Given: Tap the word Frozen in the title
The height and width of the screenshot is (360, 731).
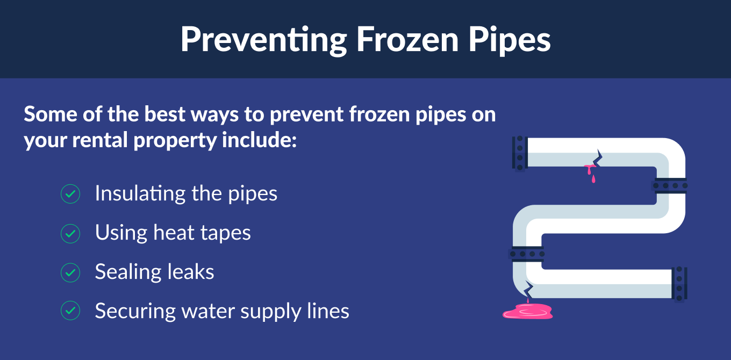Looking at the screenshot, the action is pyautogui.click(x=407, y=39).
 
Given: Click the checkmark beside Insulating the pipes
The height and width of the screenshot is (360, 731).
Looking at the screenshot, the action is pyautogui.click(x=70, y=193).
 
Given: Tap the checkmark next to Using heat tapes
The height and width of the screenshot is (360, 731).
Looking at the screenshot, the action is pyautogui.click(x=70, y=234).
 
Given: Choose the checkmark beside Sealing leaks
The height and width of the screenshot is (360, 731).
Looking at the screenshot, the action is pyautogui.click(x=70, y=272).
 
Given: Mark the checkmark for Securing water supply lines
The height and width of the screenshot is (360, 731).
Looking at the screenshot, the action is pyautogui.click(x=70, y=311).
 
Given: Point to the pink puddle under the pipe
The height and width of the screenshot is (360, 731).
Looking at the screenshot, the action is pyautogui.click(x=528, y=311).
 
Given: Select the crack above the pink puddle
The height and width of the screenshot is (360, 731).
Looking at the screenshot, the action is pyautogui.click(x=528, y=289).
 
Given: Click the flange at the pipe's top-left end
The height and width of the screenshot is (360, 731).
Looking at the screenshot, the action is pyautogui.click(x=520, y=153).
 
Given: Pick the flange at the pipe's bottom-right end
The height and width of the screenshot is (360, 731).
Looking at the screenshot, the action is pyautogui.click(x=679, y=284).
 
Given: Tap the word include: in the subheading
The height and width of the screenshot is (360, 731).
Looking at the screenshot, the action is pyautogui.click(x=260, y=140).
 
